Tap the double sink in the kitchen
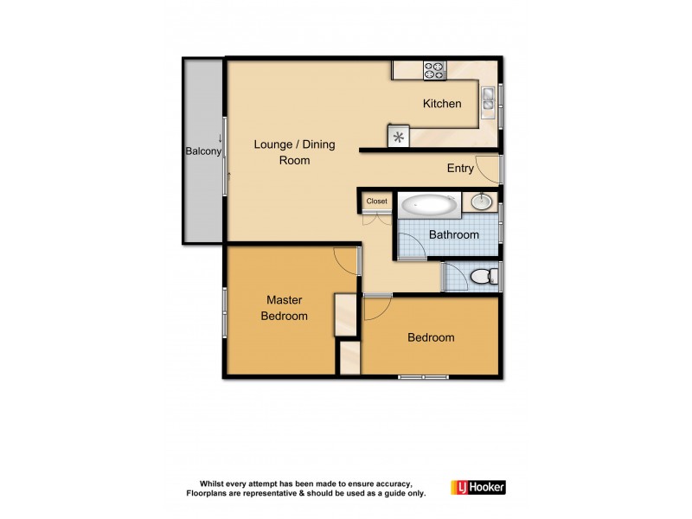click(x=488, y=99)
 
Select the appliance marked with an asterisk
click(x=398, y=137)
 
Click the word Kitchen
click(x=441, y=104)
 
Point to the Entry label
click(x=459, y=169)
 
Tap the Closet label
click(x=377, y=202)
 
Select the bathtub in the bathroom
click(x=430, y=206)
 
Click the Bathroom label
click(x=454, y=234)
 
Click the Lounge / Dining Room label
click(x=294, y=152)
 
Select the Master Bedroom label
click(x=284, y=308)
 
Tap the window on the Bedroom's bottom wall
click(x=423, y=377)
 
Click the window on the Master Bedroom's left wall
click(x=225, y=309)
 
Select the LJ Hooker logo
click(x=477, y=487)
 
